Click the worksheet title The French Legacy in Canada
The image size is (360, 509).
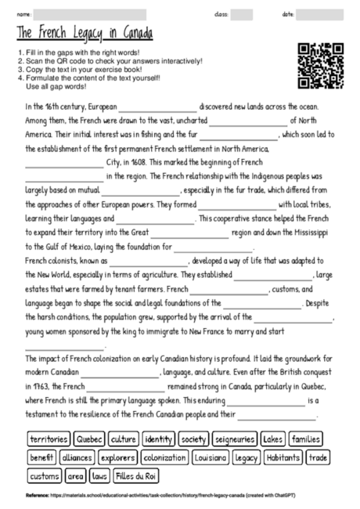tap(85, 34)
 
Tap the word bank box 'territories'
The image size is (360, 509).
tap(49, 439)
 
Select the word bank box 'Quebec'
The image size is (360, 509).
tap(91, 439)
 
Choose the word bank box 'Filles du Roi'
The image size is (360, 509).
tap(136, 475)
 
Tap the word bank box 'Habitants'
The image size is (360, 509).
tap(282, 457)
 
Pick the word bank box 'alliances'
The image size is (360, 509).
tap(77, 457)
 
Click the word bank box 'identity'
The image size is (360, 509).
tap(159, 439)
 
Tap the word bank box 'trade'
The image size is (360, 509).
tap(318, 457)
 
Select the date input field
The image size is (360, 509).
tap(319, 14)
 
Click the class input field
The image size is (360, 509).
tap(241, 14)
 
